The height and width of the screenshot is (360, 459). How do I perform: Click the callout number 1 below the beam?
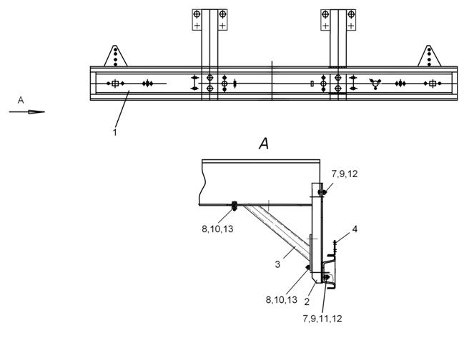point(114,132)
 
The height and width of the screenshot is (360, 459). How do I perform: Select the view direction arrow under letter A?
point(27,111)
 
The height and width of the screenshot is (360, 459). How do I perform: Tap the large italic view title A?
point(264,144)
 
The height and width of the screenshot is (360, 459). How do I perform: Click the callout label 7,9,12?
point(345,174)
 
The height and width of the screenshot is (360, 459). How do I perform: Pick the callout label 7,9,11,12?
point(322,319)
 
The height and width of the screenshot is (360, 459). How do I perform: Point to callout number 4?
point(355,229)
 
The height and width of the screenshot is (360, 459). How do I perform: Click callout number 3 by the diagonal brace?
point(277,264)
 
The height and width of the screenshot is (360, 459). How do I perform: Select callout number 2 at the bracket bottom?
point(307,301)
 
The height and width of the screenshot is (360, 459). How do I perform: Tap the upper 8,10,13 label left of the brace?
point(217,229)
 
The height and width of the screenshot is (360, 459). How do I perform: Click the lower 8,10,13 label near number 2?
point(281,300)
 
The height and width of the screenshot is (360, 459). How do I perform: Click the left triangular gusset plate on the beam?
point(115,56)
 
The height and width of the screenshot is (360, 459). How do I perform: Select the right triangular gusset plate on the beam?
point(429,56)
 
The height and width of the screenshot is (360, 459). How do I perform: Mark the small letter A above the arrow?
point(21,100)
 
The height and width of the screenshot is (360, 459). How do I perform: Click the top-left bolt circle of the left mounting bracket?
point(197,14)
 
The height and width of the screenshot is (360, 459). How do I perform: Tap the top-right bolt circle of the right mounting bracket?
point(351,14)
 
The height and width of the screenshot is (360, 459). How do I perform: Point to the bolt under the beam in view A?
point(235,206)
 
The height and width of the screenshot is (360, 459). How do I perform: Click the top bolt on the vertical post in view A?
point(322,192)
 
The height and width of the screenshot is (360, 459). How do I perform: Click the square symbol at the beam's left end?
point(115,84)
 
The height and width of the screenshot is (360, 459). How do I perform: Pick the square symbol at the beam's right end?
point(433,84)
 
